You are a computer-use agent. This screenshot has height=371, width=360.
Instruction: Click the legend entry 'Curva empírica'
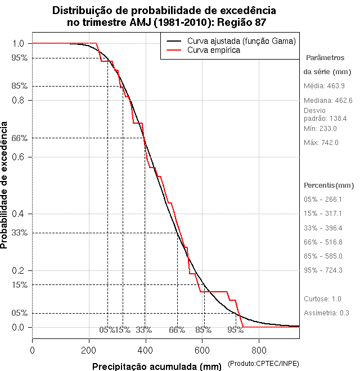tap(214, 51)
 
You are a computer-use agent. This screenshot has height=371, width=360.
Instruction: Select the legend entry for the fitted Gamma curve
tap(241, 41)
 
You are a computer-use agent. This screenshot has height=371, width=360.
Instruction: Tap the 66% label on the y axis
tap(20, 138)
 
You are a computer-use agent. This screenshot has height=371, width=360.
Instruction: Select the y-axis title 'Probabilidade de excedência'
tap(5, 185)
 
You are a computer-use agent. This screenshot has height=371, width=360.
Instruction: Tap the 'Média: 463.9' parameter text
tap(324, 86)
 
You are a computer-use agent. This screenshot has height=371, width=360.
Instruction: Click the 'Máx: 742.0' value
tap(321, 143)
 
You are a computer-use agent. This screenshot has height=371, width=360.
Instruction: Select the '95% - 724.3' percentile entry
tap(323, 270)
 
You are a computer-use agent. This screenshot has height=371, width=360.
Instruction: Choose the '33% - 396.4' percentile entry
tap(323, 228)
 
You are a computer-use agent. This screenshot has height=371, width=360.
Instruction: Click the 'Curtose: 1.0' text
tap(322, 298)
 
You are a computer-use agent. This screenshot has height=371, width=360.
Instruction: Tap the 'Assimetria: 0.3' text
tap(327, 313)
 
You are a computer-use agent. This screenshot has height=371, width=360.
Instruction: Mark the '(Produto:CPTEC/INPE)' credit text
tap(263, 364)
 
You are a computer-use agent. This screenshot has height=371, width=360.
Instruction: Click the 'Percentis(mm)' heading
tap(329, 185)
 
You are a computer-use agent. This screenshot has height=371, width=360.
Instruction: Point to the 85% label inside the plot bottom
tap(203, 330)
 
